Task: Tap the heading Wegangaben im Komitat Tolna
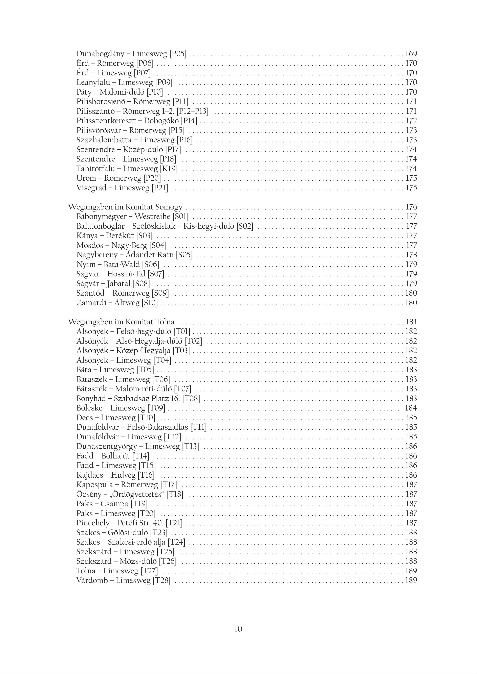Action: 121,322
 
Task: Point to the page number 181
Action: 411,322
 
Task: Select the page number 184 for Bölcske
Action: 411,408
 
